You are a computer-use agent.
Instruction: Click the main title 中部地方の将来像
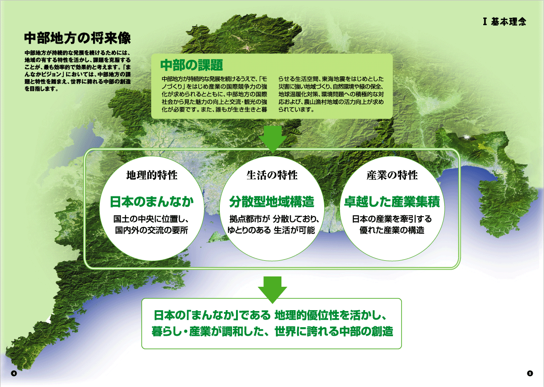click(x=77, y=38)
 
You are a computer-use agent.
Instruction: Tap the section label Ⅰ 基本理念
click(x=504, y=22)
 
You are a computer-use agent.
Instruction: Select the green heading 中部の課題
click(x=192, y=65)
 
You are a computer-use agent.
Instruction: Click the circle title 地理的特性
click(x=152, y=175)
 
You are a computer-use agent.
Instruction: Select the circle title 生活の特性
click(x=272, y=175)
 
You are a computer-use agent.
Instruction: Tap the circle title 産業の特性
click(x=392, y=175)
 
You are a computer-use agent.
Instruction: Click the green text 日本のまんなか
click(x=152, y=201)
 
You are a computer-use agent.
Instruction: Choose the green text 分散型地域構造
click(x=272, y=201)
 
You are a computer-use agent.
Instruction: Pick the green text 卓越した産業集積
click(x=392, y=201)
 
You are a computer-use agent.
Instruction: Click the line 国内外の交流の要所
click(x=152, y=230)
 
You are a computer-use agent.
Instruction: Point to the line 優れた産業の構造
click(x=392, y=230)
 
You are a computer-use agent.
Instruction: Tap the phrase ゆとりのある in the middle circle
click(x=249, y=230)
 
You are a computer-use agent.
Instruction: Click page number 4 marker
click(x=14, y=374)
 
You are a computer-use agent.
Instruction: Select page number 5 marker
click(x=530, y=374)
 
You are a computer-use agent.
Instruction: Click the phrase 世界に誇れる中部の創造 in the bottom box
click(x=334, y=331)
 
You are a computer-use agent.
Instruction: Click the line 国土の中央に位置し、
click(x=151, y=219)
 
